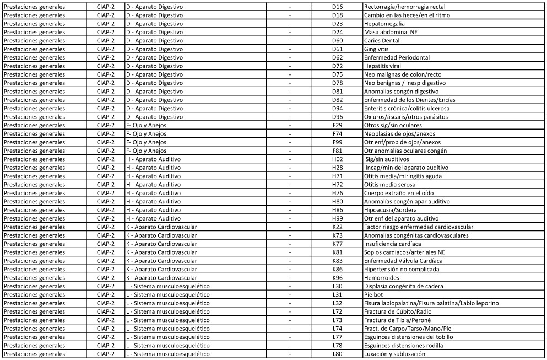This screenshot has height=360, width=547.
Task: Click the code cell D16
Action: tap(337, 7)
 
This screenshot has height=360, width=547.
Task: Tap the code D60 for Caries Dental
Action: tap(337, 41)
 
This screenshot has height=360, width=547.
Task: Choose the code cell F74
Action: tap(337, 134)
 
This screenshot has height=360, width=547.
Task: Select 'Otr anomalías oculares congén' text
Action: tap(405, 151)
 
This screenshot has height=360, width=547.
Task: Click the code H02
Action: tap(337, 159)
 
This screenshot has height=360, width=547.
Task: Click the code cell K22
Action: tap(337, 227)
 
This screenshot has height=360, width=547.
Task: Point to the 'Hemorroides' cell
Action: tap(382, 278)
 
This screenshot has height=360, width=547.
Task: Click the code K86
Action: tap(337, 269)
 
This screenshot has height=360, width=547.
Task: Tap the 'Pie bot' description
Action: tap(373, 295)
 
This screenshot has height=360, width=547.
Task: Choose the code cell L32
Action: tap(337, 303)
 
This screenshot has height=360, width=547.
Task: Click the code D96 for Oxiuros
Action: tap(337, 117)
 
